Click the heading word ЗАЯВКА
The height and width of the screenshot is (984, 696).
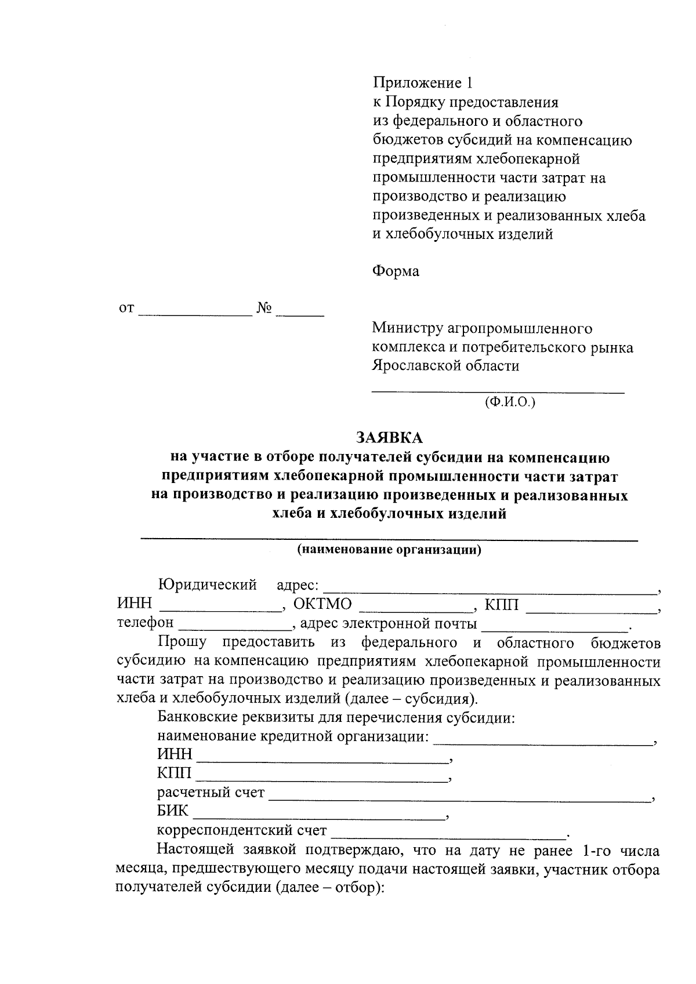click(389, 437)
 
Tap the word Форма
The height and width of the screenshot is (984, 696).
click(396, 271)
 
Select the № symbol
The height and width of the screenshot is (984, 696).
click(264, 308)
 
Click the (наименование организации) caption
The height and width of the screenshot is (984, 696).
click(389, 550)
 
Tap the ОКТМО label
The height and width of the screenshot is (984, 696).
click(322, 604)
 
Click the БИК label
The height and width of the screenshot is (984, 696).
click(173, 811)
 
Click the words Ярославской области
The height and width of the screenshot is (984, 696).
click(445, 366)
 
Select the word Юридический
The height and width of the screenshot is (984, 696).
click(208, 585)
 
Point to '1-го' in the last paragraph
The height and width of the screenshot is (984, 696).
click(593, 851)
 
